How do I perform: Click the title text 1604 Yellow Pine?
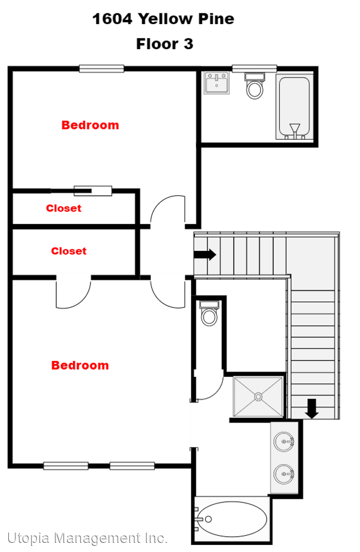point(163,19)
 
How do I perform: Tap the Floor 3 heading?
point(165,44)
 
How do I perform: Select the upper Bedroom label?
point(90,125)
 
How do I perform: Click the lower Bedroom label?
point(80,365)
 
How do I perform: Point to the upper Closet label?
point(64,208)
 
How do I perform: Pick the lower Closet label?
point(69,250)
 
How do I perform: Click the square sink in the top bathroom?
point(217,83)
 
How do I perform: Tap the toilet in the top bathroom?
point(255,85)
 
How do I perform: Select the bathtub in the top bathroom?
point(295,107)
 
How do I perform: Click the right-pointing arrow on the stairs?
point(205,255)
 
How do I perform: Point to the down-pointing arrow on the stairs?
point(312,409)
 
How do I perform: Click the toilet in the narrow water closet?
point(209,313)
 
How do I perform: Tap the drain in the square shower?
point(258,397)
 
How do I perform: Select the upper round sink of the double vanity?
point(284,442)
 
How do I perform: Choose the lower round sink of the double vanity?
point(284,474)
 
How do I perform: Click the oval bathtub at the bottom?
point(231,519)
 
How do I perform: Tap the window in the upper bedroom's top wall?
point(101,68)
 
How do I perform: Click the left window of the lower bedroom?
point(66,466)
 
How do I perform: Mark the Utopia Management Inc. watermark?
point(87,538)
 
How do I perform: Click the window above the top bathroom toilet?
point(254,68)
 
